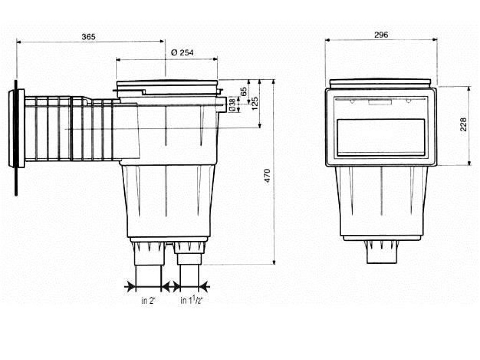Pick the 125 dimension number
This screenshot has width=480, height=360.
pyautogui.click(x=255, y=103)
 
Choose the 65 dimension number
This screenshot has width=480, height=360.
pyautogui.click(x=244, y=91)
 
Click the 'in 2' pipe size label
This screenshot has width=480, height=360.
pyautogui.click(x=148, y=301)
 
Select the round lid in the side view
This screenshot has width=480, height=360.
pyautogui.click(x=167, y=87)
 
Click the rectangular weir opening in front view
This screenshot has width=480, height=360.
pyautogui.click(x=381, y=137)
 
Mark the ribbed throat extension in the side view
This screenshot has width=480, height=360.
pyautogui.click(x=70, y=129)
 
